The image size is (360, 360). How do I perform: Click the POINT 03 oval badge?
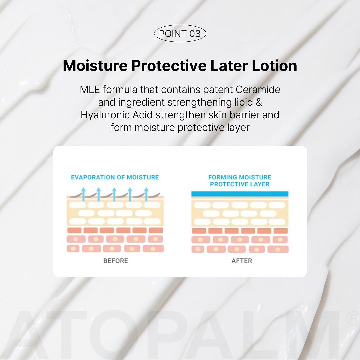coord(180,34)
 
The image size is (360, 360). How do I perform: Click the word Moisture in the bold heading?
coord(95,66)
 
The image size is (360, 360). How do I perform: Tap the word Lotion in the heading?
coord(274,66)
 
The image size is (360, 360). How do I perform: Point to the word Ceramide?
coord(258,90)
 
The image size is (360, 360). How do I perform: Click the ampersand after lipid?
coord(259,102)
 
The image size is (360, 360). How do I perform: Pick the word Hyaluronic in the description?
coord(105,115)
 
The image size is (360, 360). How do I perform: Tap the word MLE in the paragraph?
coord(90,90)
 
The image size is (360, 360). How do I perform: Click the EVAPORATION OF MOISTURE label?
coord(115,177)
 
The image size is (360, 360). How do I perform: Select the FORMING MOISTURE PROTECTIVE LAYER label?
coord(240,181)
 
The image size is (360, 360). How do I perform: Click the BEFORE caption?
coord(115,261)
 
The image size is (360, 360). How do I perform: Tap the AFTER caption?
coord(242,261)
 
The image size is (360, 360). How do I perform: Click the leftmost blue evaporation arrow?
coord(83,194)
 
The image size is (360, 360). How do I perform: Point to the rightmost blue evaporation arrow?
coord(146,194)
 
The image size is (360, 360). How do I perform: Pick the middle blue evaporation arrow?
coord(114,194)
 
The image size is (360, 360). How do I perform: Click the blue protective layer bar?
coord(240,194)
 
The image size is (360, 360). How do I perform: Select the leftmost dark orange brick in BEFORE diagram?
coord(74,230)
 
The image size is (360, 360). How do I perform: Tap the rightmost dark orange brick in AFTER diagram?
coord(281,231)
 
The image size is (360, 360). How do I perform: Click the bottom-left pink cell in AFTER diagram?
coord(198,249)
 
